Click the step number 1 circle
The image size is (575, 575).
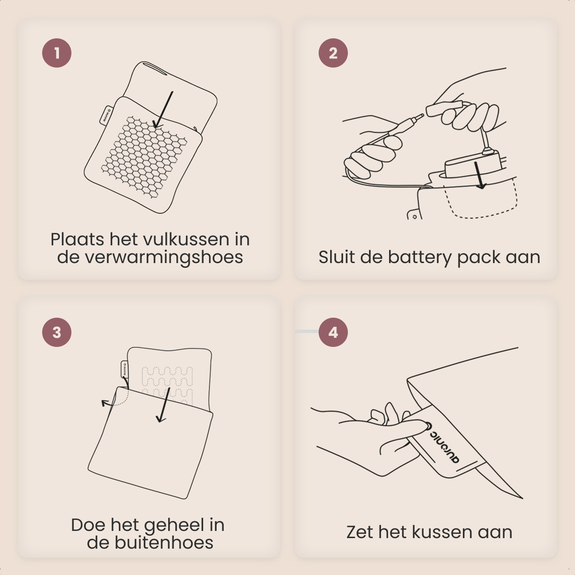[x=57, y=53]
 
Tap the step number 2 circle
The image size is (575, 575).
[x=333, y=53]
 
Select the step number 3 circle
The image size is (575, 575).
[x=57, y=332]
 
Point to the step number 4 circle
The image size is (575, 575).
[x=333, y=332]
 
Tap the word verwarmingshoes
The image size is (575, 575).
[x=150, y=257]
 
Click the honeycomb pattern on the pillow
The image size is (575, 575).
[x=144, y=157]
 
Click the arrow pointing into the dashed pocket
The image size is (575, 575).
[x=479, y=175]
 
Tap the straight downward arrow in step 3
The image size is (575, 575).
[x=164, y=405]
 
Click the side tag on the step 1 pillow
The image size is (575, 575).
[x=106, y=115]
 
